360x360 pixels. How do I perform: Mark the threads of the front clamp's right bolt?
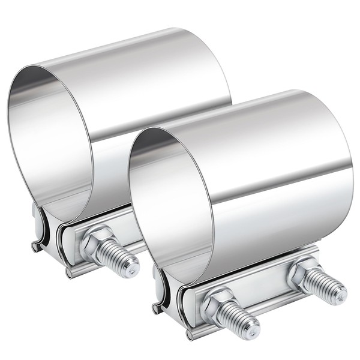(x=324, y=287)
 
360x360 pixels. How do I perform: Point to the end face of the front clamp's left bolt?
(x=252, y=328)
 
